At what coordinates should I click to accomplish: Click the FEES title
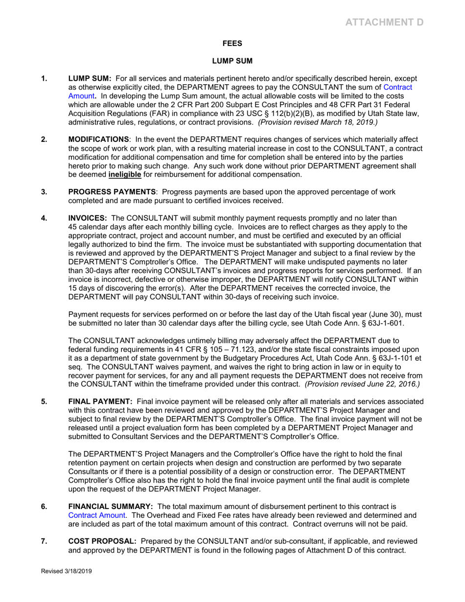[232, 44]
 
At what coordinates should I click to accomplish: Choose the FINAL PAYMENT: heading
[100, 388]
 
